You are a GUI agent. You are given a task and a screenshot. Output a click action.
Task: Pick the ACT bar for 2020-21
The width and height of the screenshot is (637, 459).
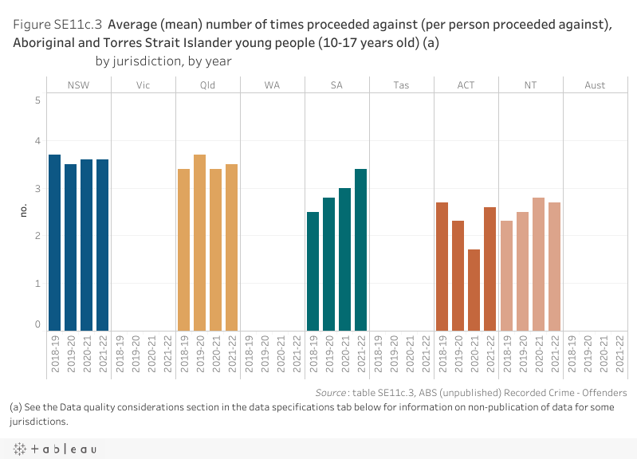[x=474, y=290]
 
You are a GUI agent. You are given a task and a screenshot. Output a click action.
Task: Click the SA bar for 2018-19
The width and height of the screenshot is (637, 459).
[x=313, y=271]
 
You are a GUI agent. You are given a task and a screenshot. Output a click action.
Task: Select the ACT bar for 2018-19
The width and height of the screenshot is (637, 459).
[x=442, y=266]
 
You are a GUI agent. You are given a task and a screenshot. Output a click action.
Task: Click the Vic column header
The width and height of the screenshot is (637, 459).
[x=143, y=85]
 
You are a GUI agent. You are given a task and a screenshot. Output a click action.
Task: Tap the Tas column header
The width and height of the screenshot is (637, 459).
[x=401, y=85]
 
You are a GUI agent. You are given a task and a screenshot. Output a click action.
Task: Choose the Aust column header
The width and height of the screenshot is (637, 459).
[x=595, y=85]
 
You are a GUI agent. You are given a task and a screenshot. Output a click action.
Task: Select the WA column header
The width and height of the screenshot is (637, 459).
[x=272, y=85]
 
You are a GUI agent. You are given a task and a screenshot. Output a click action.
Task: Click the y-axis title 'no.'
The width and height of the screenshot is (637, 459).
[x=23, y=210]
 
